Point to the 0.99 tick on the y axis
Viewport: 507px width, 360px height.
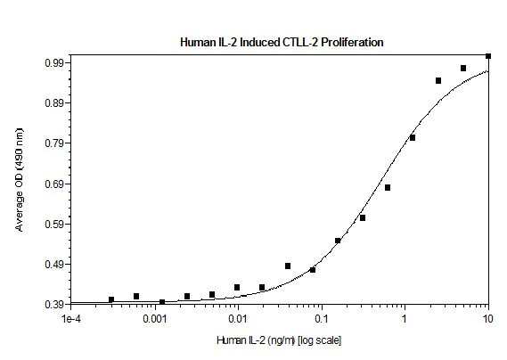[x=53, y=63]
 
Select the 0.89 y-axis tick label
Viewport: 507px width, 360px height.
[x=53, y=103]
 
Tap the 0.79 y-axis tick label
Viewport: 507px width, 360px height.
[x=53, y=143]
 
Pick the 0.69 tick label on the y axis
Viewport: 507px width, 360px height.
[x=53, y=184]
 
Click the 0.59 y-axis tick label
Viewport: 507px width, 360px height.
[x=53, y=225]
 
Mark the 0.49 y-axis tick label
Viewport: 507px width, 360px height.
[x=53, y=265]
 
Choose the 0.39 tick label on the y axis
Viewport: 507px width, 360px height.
[x=53, y=305]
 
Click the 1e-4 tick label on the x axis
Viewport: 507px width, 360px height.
[x=71, y=319]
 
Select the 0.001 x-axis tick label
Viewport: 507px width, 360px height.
[x=154, y=319]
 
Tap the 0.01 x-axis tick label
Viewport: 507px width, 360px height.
[x=237, y=319]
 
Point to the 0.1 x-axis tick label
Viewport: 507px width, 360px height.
[x=321, y=319]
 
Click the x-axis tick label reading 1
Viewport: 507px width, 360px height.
[x=405, y=319]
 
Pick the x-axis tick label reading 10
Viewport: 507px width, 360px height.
[x=487, y=319]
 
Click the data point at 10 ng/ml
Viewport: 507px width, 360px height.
[x=488, y=56]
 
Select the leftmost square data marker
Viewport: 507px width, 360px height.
[x=110, y=299]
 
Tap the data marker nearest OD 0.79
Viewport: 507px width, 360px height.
[x=413, y=137]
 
